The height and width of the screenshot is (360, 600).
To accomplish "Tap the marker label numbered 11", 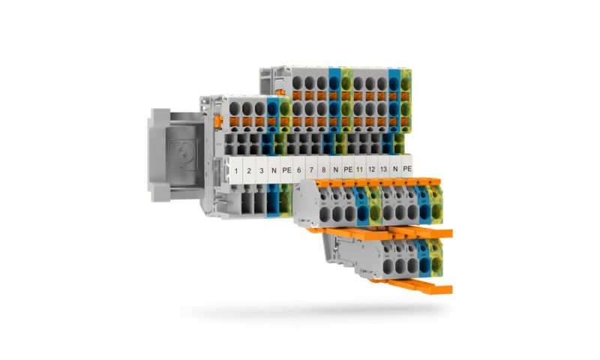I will (x=360, y=170).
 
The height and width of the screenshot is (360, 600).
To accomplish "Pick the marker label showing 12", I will (x=372, y=170).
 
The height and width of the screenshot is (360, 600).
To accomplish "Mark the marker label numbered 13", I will (x=383, y=170).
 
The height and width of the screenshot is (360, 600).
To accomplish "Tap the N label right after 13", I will (x=395, y=170).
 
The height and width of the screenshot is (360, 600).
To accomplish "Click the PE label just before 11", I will (x=347, y=170).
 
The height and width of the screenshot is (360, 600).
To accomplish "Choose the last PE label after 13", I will (x=407, y=169).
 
